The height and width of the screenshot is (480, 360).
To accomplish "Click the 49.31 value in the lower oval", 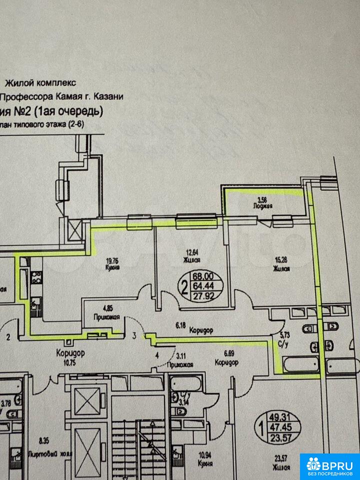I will point(278,417).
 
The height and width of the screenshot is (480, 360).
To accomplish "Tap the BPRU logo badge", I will point(329,466).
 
